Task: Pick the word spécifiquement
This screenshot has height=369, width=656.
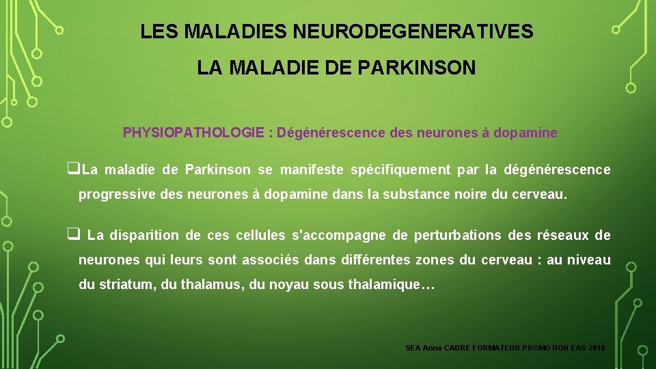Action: (400, 169)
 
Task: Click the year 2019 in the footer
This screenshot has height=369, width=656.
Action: (597, 348)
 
